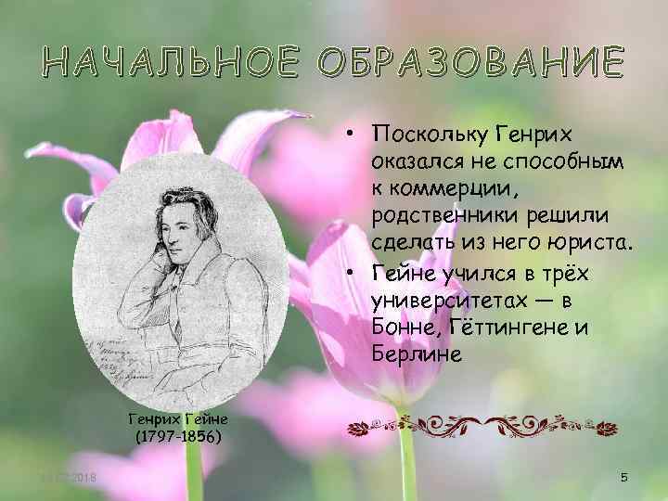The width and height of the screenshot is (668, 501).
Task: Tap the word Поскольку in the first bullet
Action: click(429, 135)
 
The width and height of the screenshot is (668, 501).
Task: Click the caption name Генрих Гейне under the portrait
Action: click(179, 418)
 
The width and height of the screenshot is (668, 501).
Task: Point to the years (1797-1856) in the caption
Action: click(179, 435)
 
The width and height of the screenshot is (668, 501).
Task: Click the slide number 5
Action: click(624, 477)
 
